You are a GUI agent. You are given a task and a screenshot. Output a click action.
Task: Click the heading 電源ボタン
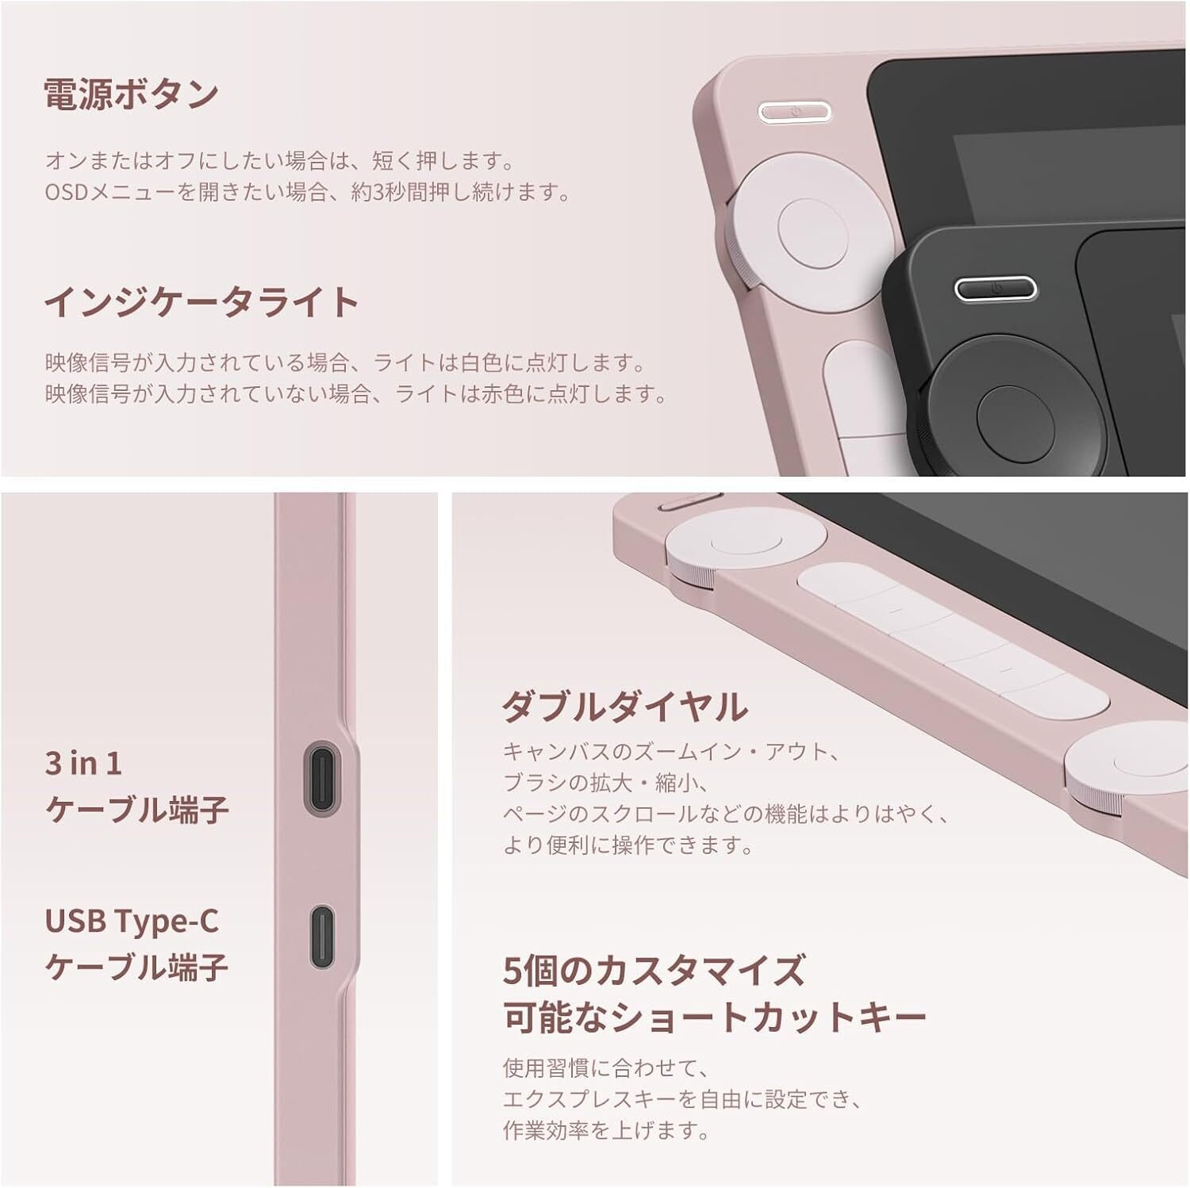point(131,94)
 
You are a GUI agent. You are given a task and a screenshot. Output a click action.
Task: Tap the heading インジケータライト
point(202,302)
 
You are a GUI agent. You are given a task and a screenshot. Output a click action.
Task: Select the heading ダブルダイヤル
point(624,706)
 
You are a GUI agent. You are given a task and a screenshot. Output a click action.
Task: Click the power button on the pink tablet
point(794,112)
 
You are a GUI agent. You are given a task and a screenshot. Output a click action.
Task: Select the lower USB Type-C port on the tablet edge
point(321,937)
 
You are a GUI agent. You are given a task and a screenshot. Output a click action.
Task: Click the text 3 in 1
point(84,763)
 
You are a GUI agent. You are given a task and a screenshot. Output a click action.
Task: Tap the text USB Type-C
point(132,921)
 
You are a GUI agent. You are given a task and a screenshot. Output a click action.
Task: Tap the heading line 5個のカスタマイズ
point(654,969)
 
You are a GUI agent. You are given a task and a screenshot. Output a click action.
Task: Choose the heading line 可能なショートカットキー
point(715,1017)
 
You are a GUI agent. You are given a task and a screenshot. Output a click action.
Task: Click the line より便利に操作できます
point(628,845)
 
